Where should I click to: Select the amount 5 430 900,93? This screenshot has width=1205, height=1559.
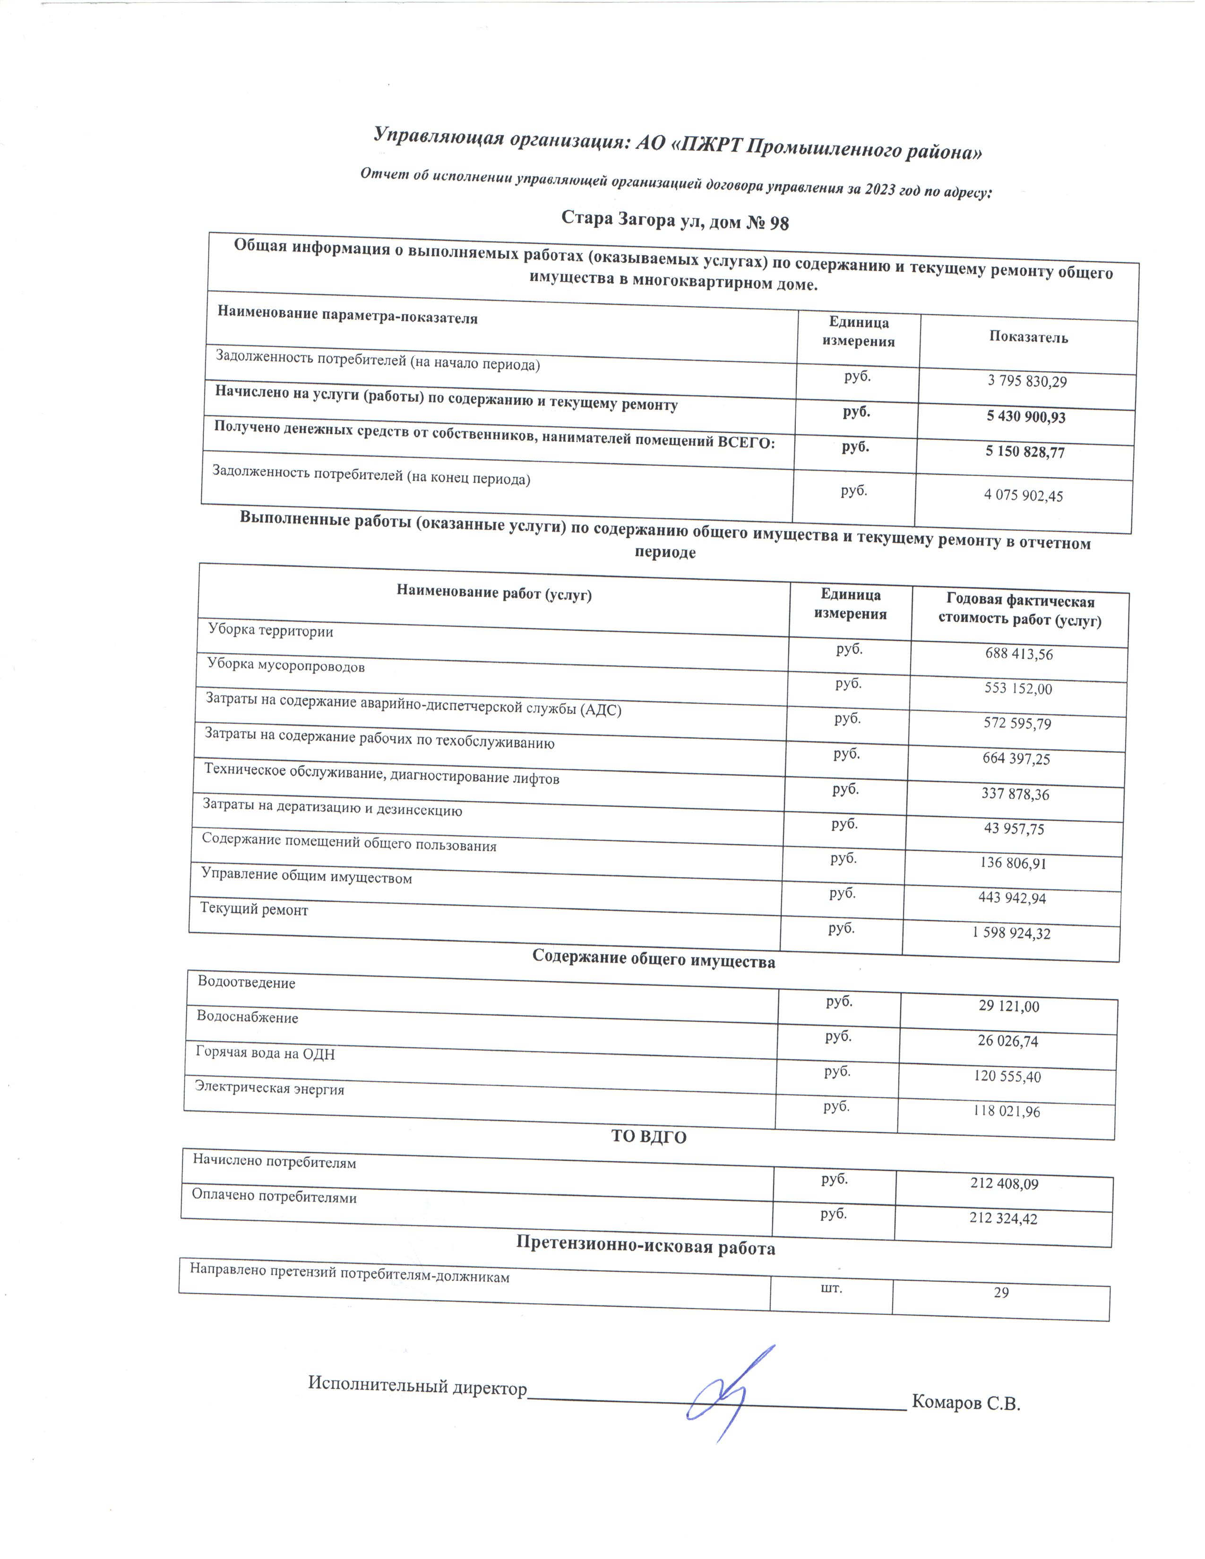click(1026, 417)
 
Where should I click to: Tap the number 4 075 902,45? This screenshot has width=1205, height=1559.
click(1023, 496)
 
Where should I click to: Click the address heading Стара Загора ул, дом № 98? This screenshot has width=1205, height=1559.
click(675, 221)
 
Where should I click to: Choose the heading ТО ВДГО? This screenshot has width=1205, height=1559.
click(649, 1137)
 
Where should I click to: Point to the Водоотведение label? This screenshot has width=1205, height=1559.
click(246, 983)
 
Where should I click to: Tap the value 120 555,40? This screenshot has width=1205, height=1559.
click(1007, 1076)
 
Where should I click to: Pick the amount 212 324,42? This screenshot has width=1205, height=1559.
click(1003, 1218)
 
